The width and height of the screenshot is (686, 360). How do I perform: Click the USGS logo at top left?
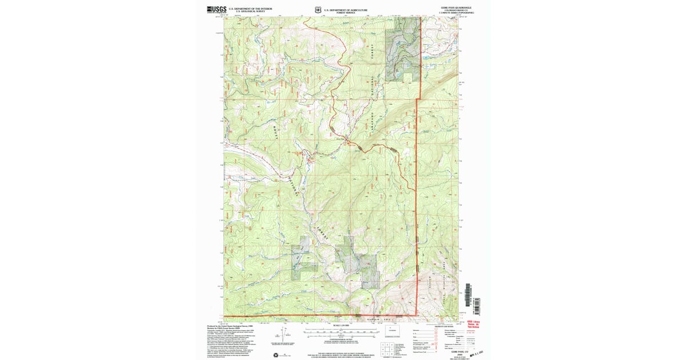[x=217, y=10]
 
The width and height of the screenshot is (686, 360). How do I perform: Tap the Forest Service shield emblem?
[x=318, y=10]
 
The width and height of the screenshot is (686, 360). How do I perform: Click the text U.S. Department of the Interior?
[x=251, y=9]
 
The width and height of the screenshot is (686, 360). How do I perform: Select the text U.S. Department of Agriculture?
[x=346, y=9]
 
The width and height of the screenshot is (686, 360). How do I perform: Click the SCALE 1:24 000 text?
[x=340, y=325]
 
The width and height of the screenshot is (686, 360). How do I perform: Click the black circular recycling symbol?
[x=277, y=355]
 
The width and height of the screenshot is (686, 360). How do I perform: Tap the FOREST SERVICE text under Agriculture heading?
[x=346, y=12]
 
